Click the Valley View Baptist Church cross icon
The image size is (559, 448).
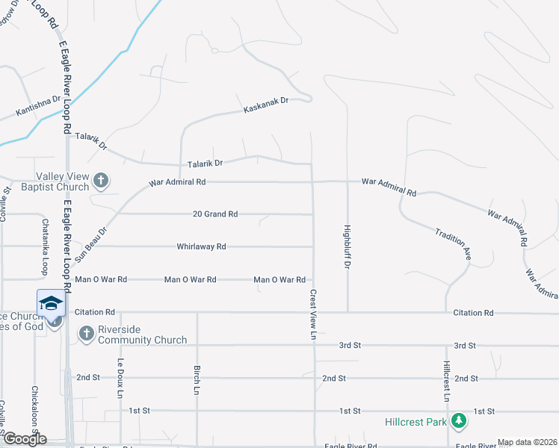click(101, 180)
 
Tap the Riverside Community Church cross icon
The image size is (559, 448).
click(86, 333)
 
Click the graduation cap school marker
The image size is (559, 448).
click(51, 303)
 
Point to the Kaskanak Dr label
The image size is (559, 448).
click(266, 105)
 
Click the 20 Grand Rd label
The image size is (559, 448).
click(215, 214)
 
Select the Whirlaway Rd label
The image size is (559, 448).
click(201, 246)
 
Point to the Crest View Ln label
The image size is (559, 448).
click(313, 314)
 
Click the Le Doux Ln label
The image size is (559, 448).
click(120, 377)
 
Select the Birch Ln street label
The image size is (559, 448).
click(197, 380)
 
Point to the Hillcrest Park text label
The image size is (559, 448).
click(416, 422)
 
